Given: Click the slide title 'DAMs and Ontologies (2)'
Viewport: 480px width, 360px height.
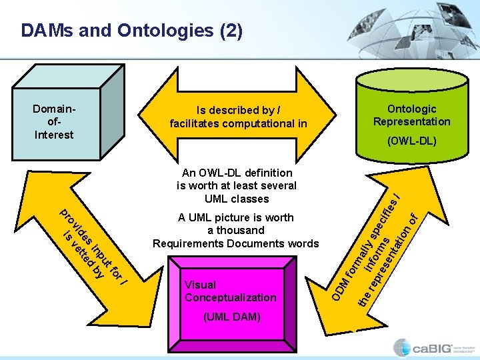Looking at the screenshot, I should pyautogui.click(x=132, y=31).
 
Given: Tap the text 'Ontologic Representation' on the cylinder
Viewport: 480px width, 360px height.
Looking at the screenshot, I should pyautogui.click(x=411, y=115).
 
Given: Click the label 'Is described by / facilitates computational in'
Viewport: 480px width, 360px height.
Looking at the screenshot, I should pyautogui.click(x=238, y=117).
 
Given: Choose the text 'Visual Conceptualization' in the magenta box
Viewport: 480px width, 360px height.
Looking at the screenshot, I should pyautogui.click(x=230, y=291).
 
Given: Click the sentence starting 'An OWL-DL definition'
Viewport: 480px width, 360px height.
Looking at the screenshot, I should pyautogui.click(x=236, y=185).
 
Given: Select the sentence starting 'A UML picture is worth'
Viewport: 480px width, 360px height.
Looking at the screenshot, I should pyautogui.click(x=236, y=230).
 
